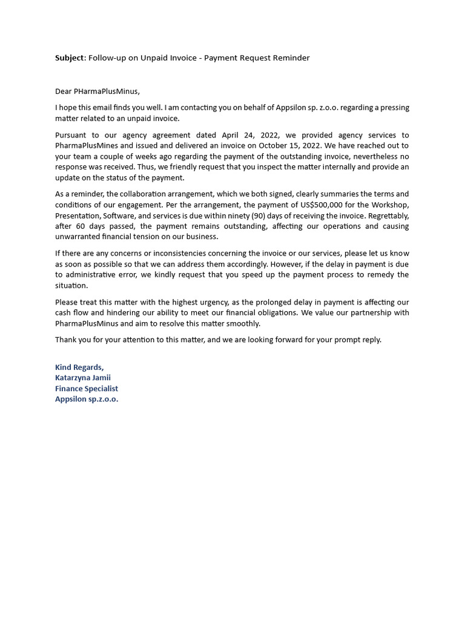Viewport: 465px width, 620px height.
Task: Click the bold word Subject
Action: tap(70, 58)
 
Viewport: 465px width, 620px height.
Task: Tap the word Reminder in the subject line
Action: tap(291, 58)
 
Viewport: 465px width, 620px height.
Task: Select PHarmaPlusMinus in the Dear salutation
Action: tap(107, 91)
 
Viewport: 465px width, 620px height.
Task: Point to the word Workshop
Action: tap(392, 205)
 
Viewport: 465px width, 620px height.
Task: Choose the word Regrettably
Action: tap(387, 216)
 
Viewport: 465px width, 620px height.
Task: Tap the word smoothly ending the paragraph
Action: tap(243, 323)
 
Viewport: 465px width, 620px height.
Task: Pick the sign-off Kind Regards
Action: tap(79, 368)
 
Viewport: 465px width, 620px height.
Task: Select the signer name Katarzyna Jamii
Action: tap(83, 378)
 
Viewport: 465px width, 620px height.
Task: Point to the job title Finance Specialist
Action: tap(87, 389)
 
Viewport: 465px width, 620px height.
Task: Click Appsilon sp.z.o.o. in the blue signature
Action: tap(87, 399)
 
